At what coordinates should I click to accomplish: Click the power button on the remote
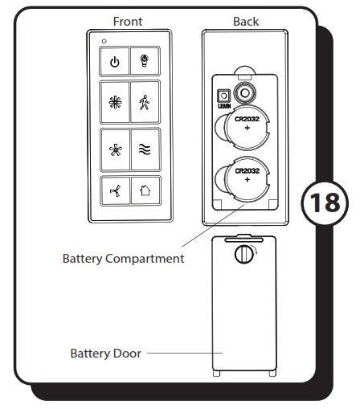tap(115, 62)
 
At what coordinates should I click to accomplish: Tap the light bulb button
tap(145, 61)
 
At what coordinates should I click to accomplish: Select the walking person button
tap(145, 102)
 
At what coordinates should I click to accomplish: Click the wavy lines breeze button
tap(145, 149)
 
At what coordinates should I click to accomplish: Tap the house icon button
tap(145, 190)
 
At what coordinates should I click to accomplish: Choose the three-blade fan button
tap(116, 191)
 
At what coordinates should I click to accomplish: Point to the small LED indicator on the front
tap(104, 41)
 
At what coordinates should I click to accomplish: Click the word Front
tap(128, 22)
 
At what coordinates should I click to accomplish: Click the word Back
tap(246, 22)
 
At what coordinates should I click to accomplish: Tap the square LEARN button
tap(223, 96)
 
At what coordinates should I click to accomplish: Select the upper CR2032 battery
tap(247, 127)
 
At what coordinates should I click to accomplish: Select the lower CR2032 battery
tap(247, 179)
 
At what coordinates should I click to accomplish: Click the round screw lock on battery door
tap(244, 254)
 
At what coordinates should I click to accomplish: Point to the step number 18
tap(325, 202)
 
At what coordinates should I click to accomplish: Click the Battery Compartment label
tap(123, 259)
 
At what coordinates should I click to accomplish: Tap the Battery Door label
tap(106, 354)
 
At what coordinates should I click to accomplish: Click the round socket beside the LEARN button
tap(244, 93)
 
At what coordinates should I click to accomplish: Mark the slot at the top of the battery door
tap(244, 240)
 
